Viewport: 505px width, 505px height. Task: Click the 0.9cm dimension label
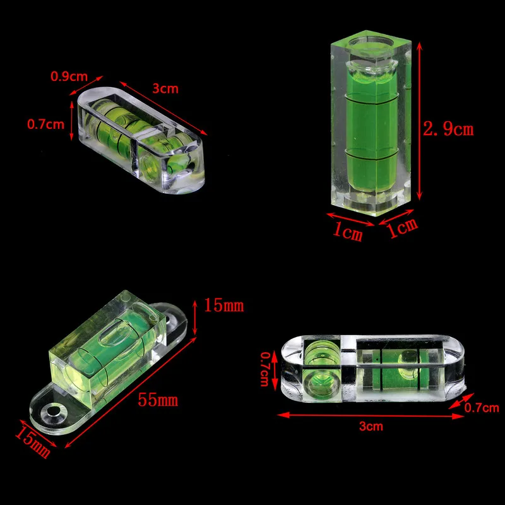tap(68, 77)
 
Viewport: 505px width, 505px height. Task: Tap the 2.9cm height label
tap(448, 130)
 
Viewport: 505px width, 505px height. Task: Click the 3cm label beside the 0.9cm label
tap(165, 88)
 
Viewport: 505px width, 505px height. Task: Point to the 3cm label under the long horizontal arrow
tap(371, 426)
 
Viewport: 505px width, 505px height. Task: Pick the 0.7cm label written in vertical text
tap(266, 371)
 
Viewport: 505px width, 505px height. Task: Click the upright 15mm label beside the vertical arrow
tap(223, 307)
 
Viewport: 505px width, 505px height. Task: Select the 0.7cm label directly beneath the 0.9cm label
tap(45, 124)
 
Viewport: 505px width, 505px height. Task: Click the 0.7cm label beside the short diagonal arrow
tap(482, 408)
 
